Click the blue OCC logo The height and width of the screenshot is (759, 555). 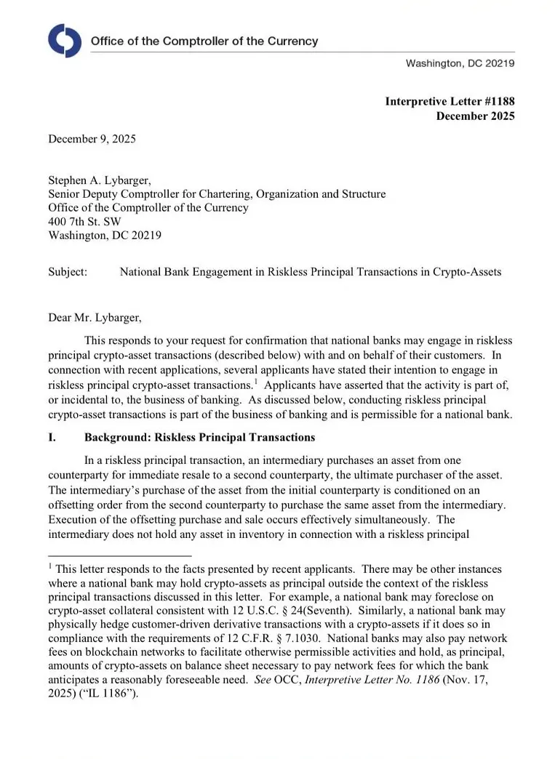(65, 41)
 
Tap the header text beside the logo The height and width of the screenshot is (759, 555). (204, 41)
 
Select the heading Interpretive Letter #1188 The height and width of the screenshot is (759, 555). (450, 102)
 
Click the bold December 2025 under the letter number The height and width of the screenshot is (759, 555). (475, 116)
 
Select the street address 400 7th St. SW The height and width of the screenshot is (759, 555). (84, 222)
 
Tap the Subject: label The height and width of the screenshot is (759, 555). (68, 272)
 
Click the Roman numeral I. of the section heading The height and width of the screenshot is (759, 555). (52, 438)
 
